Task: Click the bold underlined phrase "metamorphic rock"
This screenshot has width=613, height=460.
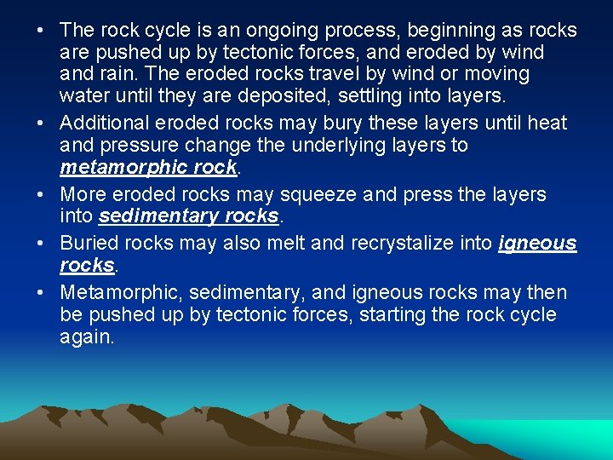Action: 148,167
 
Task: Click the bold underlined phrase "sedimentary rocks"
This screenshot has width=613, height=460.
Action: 189,216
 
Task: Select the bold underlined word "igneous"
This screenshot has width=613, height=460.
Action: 538,244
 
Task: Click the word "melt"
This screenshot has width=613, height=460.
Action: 284,244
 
